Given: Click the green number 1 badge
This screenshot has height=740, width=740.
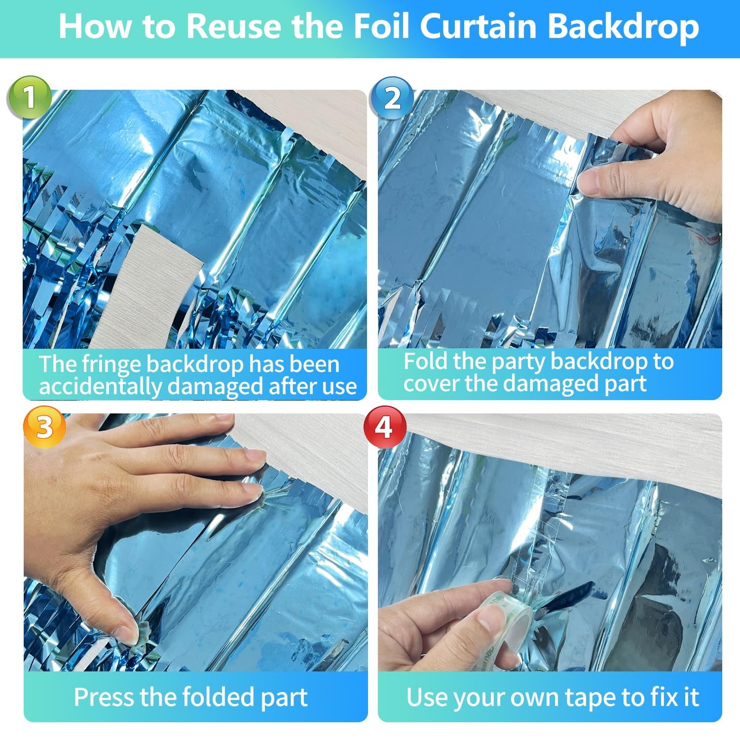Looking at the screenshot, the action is [x=30, y=97].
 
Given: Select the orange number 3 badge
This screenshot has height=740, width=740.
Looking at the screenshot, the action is [x=44, y=427].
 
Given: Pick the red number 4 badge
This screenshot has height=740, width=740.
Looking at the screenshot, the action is [x=385, y=427].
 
